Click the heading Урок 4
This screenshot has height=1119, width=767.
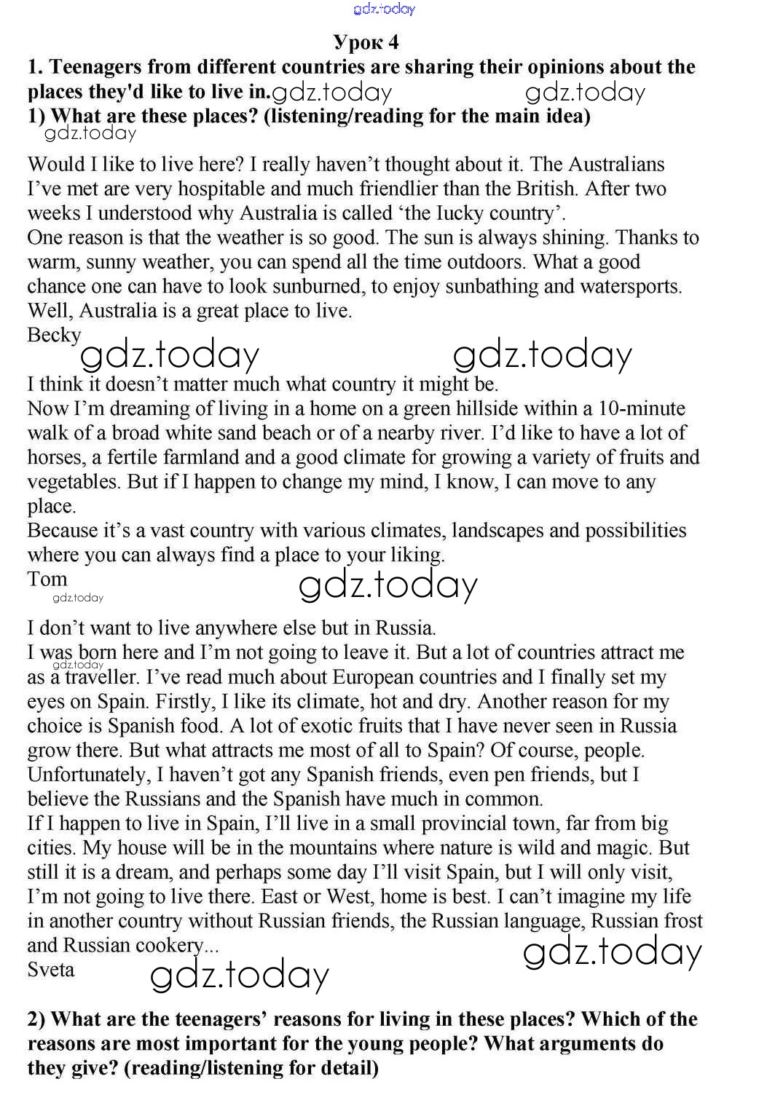click(366, 42)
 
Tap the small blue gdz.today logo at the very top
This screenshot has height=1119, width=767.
click(384, 9)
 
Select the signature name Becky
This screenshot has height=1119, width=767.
click(54, 335)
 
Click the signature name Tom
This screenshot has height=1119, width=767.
click(47, 579)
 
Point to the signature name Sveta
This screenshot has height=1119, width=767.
click(51, 970)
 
